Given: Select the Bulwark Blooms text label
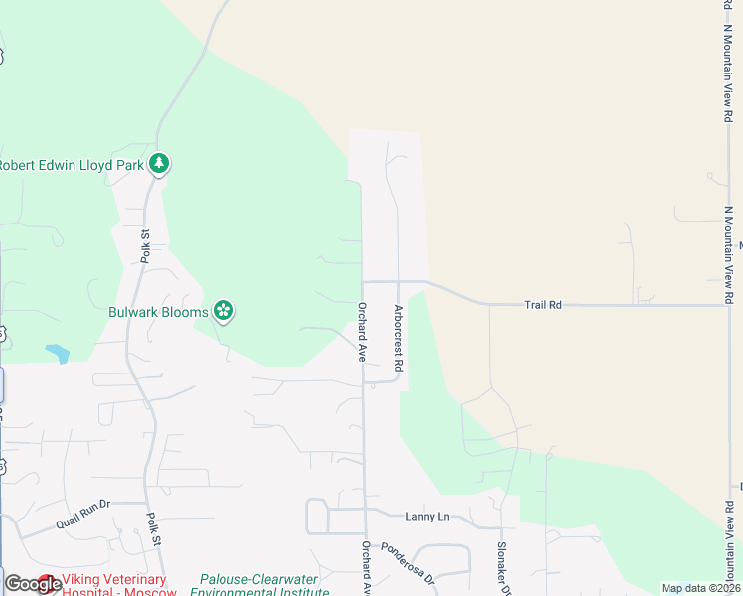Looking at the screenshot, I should (x=158, y=312).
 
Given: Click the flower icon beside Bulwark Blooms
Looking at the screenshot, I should (x=224, y=312).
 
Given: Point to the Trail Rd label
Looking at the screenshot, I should (x=543, y=305).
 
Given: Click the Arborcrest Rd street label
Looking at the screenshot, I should (x=398, y=339).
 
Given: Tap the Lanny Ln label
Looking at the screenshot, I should (x=427, y=516).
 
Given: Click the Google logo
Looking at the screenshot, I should (x=32, y=584).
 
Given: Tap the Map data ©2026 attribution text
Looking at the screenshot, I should (x=700, y=588).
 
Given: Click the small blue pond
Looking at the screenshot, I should (x=57, y=353).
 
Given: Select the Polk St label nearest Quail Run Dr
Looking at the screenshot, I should (x=153, y=527).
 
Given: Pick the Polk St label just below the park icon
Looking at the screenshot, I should (x=145, y=246).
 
